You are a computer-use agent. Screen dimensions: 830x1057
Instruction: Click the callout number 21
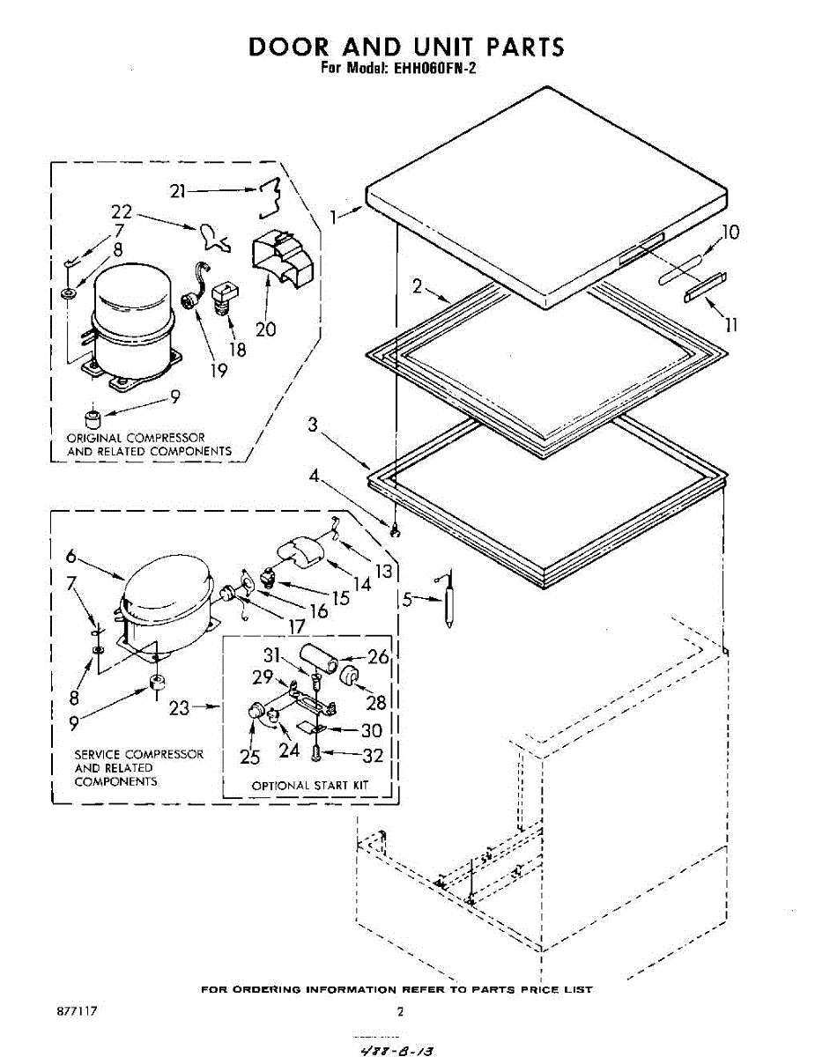(x=179, y=191)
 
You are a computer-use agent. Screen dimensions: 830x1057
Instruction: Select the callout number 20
(x=265, y=329)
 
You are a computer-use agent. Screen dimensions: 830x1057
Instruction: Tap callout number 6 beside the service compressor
(x=73, y=557)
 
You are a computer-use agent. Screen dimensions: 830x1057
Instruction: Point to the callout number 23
(x=179, y=707)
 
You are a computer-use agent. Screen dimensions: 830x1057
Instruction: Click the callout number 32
(x=373, y=755)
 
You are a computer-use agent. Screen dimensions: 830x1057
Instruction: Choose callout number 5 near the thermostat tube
(x=407, y=600)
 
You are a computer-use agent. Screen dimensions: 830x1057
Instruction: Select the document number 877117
(x=77, y=1011)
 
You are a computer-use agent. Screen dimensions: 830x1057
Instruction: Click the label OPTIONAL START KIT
(x=309, y=785)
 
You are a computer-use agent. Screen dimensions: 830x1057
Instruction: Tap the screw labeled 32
(x=316, y=753)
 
